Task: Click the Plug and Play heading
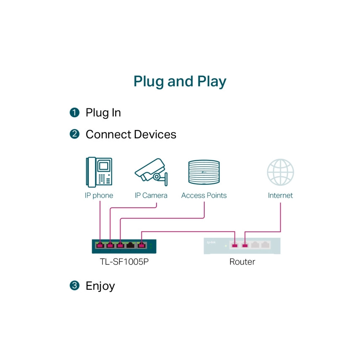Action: pos(180,82)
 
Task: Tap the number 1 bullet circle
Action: pos(75,113)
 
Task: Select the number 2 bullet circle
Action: pos(75,134)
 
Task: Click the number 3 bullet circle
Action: pos(75,285)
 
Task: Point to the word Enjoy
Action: pos(100,286)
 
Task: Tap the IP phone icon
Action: pos(99,172)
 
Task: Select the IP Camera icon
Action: pos(151,172)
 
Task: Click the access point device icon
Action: pos(204,172)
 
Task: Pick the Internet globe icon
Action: pos(280,172)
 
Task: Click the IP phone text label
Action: pos(99,195)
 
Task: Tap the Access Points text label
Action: pos(204,195)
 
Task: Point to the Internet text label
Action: pos(280,195)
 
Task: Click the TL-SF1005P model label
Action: pos(124,262)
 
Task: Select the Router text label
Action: pos(242,262)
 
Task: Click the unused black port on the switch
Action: pos(131,245)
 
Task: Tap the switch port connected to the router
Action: pos(141,245)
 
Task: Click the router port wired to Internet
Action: pos(245,245)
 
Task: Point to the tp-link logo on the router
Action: pos(211,242)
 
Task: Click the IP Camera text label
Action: pos(151,195)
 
